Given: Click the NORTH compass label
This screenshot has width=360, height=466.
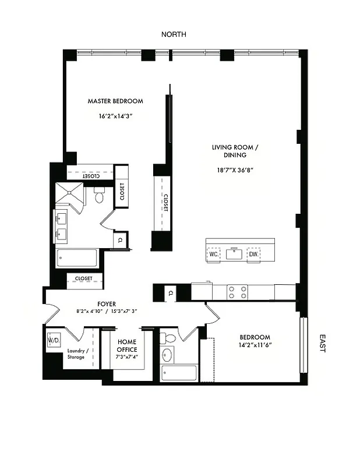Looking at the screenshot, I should [x=174, y=34].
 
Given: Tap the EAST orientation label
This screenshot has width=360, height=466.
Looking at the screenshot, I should [x=323, y=344].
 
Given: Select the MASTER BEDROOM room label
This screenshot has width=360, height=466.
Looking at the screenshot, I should [x=115, y=101].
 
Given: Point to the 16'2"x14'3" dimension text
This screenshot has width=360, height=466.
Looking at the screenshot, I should [x=116, y=116].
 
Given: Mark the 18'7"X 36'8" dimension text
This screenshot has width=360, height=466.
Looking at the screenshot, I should [x=235, y=170].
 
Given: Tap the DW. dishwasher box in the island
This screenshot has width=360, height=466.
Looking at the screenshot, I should [x=253, y=254].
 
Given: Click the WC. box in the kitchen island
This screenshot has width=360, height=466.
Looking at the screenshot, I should [x=213, y=254].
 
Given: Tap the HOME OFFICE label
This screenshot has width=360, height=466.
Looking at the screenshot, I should [x=127, y=346].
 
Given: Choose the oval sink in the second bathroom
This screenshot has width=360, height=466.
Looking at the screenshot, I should [x=167, y=355].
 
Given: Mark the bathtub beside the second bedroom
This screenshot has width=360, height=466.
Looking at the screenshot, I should [x=179, y=373].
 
